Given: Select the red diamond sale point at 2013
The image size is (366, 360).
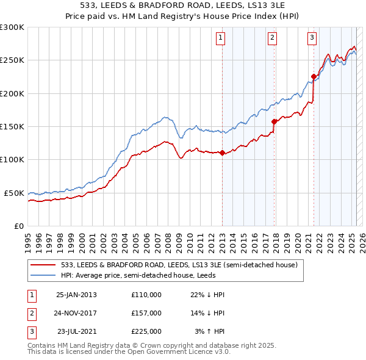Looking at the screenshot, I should [222, 153].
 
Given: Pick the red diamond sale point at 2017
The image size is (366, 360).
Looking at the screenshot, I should [274, 121].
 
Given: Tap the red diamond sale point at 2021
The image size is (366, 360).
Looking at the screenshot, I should [314, 76].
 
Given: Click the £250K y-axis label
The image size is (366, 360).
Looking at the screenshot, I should [12, 60].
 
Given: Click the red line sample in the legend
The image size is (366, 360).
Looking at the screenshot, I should [45, 265].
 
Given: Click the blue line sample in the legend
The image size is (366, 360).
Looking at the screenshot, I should [45, 275].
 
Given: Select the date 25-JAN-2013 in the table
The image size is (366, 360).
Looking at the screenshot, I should [76, 295].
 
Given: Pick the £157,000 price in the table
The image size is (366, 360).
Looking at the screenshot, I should [146, 313].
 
